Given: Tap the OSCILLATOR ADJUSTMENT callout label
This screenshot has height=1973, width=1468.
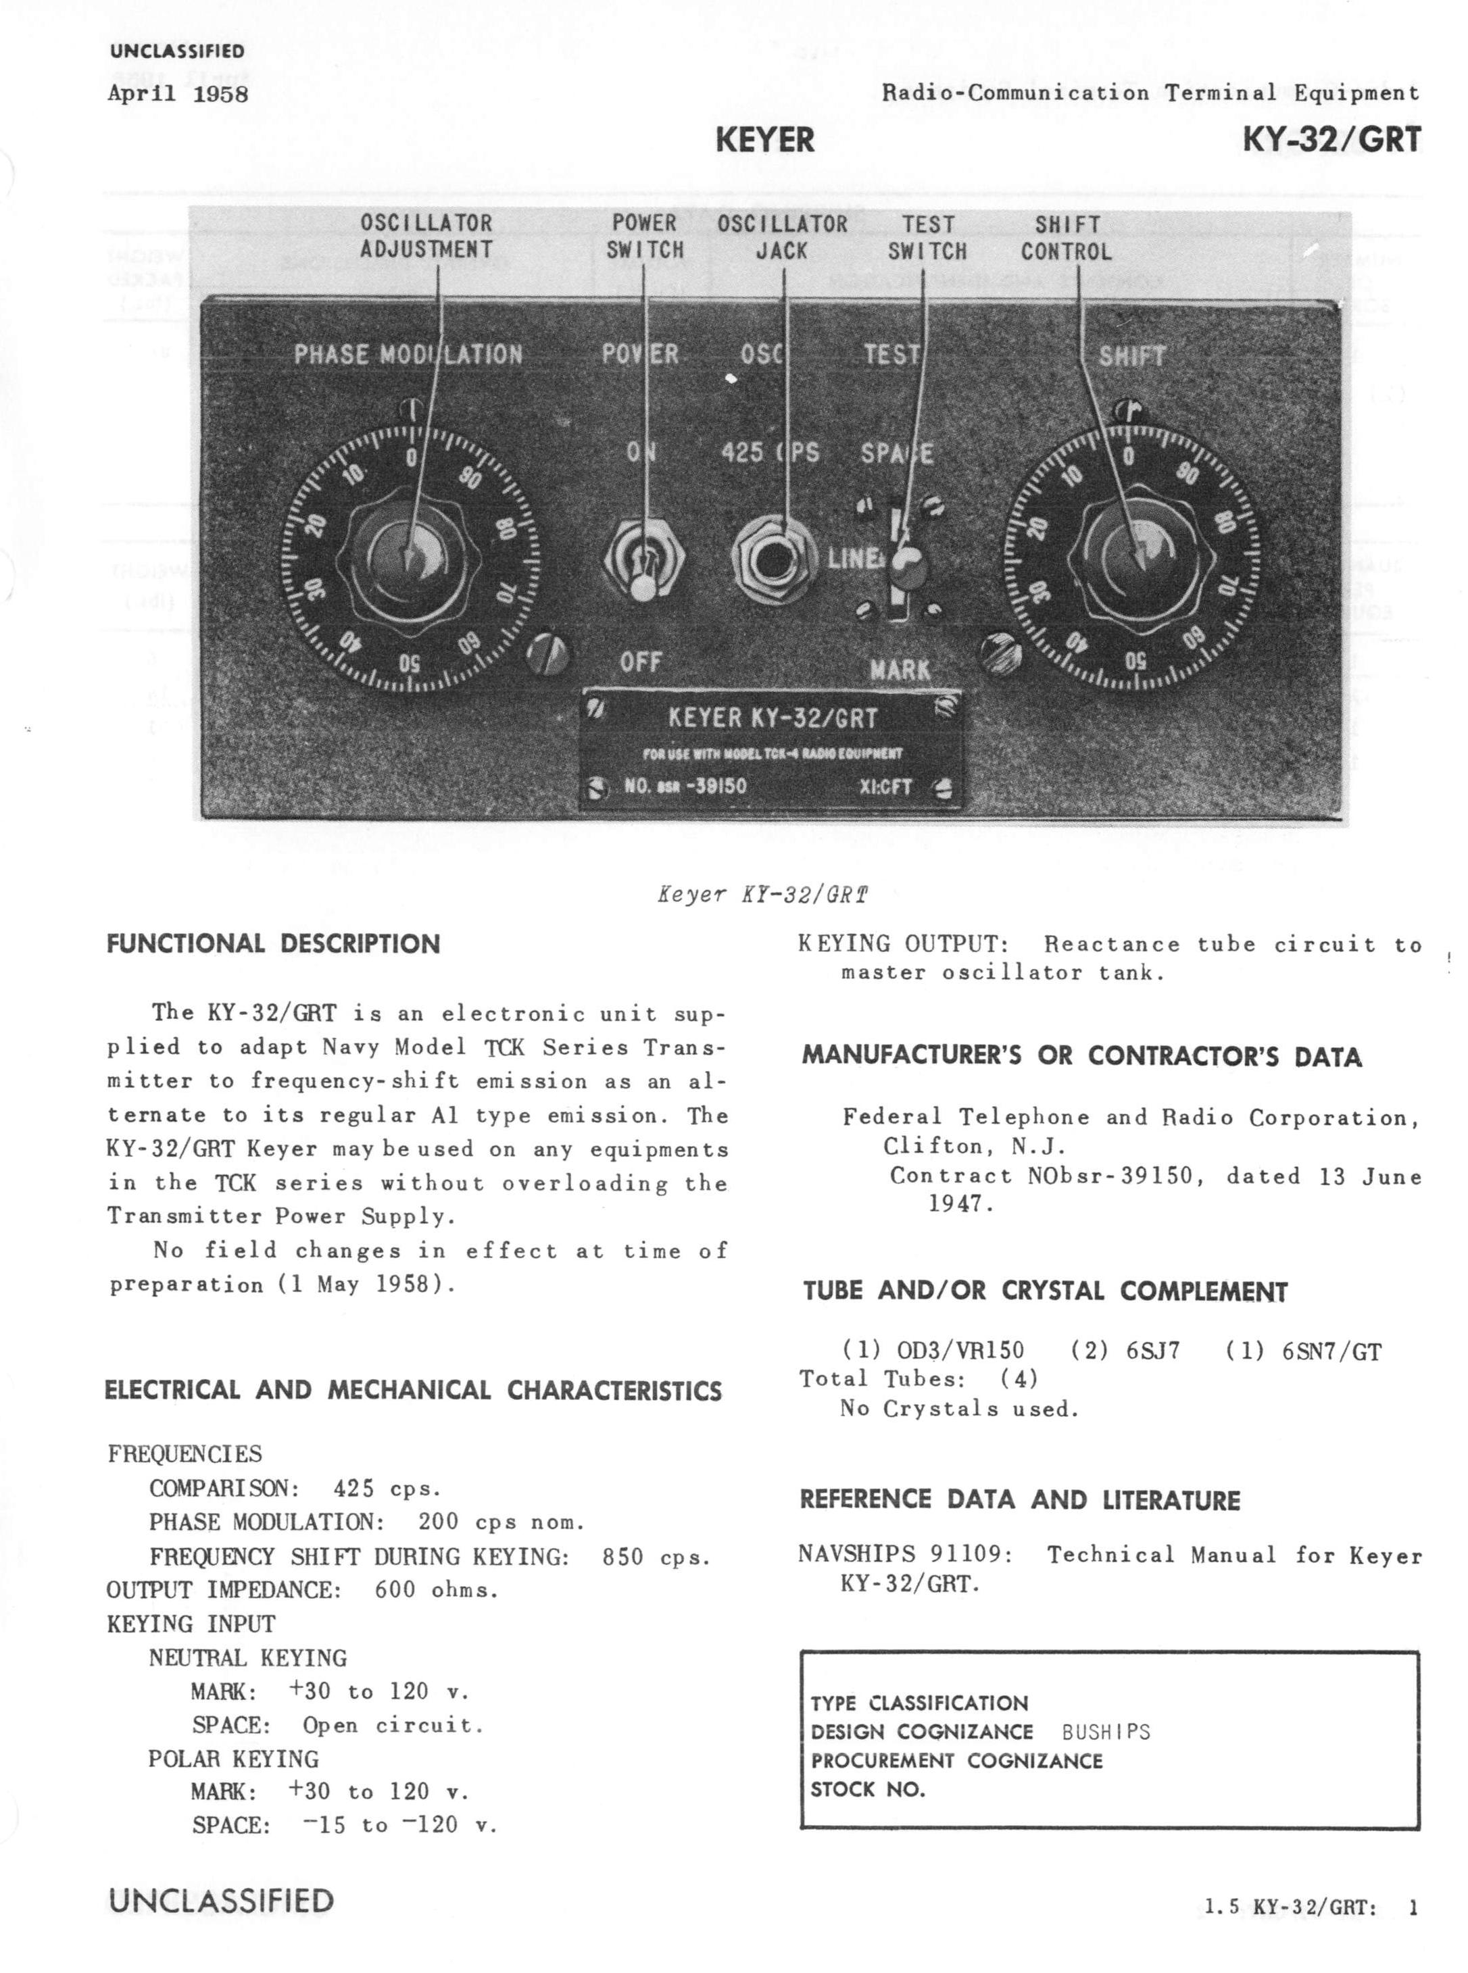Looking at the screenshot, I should tap(426, 236).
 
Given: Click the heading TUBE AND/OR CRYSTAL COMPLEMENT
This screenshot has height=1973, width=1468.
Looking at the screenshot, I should tap(1045, 1292).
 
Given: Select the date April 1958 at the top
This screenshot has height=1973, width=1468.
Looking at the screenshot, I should tap(178, 93).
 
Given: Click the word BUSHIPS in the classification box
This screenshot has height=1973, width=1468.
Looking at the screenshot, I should tap(1106, 1732).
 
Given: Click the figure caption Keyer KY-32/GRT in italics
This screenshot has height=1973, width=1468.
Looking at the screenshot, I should tap(762, 895).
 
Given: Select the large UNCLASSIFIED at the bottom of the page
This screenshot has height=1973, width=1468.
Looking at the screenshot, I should tap(220, 1901).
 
